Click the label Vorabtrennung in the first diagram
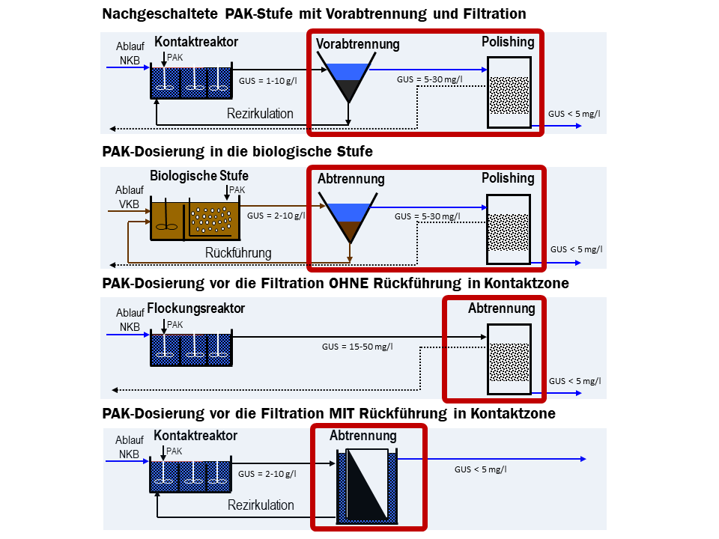pos(357,44)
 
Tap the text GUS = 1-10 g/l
pos(267,81)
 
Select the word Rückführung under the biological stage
pos(238,253)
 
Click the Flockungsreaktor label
pos(196,308)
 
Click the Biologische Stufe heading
pos(199,176)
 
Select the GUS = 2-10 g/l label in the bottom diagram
pos(267,474)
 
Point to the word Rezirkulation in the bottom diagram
pos(261,505)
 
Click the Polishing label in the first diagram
pos(508,42)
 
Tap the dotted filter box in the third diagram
pos(509,359)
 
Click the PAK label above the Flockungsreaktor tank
pos(175,325)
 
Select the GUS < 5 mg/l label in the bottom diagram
pos(480,469)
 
